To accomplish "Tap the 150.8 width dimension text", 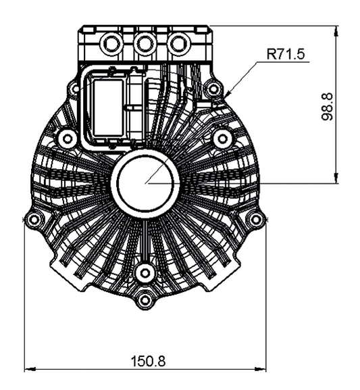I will [148, 361].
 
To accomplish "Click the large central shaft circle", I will [145, 182].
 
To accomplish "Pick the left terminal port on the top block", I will [109, 44].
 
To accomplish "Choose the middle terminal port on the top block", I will [143, 44].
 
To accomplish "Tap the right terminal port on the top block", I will [178, 44].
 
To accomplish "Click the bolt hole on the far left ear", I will [34, 219].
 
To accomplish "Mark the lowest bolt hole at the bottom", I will [143, 299].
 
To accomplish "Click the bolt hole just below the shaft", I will [143, 272].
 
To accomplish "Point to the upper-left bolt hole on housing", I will [66, 139].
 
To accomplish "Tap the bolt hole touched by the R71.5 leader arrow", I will [214, 88].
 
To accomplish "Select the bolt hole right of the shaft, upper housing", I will [221, 139].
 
